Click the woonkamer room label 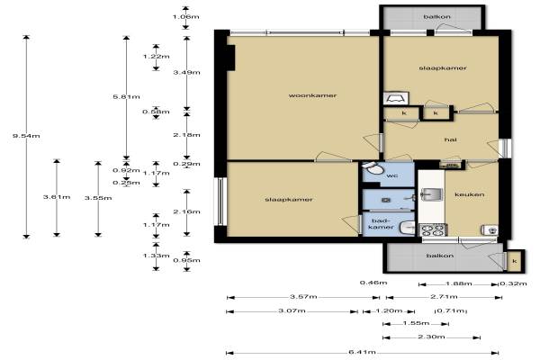coord(312,95)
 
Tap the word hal coord(451,139)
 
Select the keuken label coord(470,194)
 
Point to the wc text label coord(392,175)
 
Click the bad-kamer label coord(381,224)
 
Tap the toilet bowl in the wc coord(373,169)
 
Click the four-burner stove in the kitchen coord(433,229)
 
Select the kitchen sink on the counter coord(431,194)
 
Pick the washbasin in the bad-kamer coord(408,228)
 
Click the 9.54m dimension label coord(26,136)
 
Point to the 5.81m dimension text coord(126,97)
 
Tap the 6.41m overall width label coord(362,352)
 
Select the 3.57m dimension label coord(303,297)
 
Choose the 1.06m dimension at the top coord(186,16)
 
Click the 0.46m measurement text coord(373,283)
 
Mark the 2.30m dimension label coord(431,337)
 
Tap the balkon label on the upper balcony coord(437,16)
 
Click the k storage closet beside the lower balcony coord(515,261)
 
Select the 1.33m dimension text coord(156,256)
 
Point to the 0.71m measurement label coord(451,311)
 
